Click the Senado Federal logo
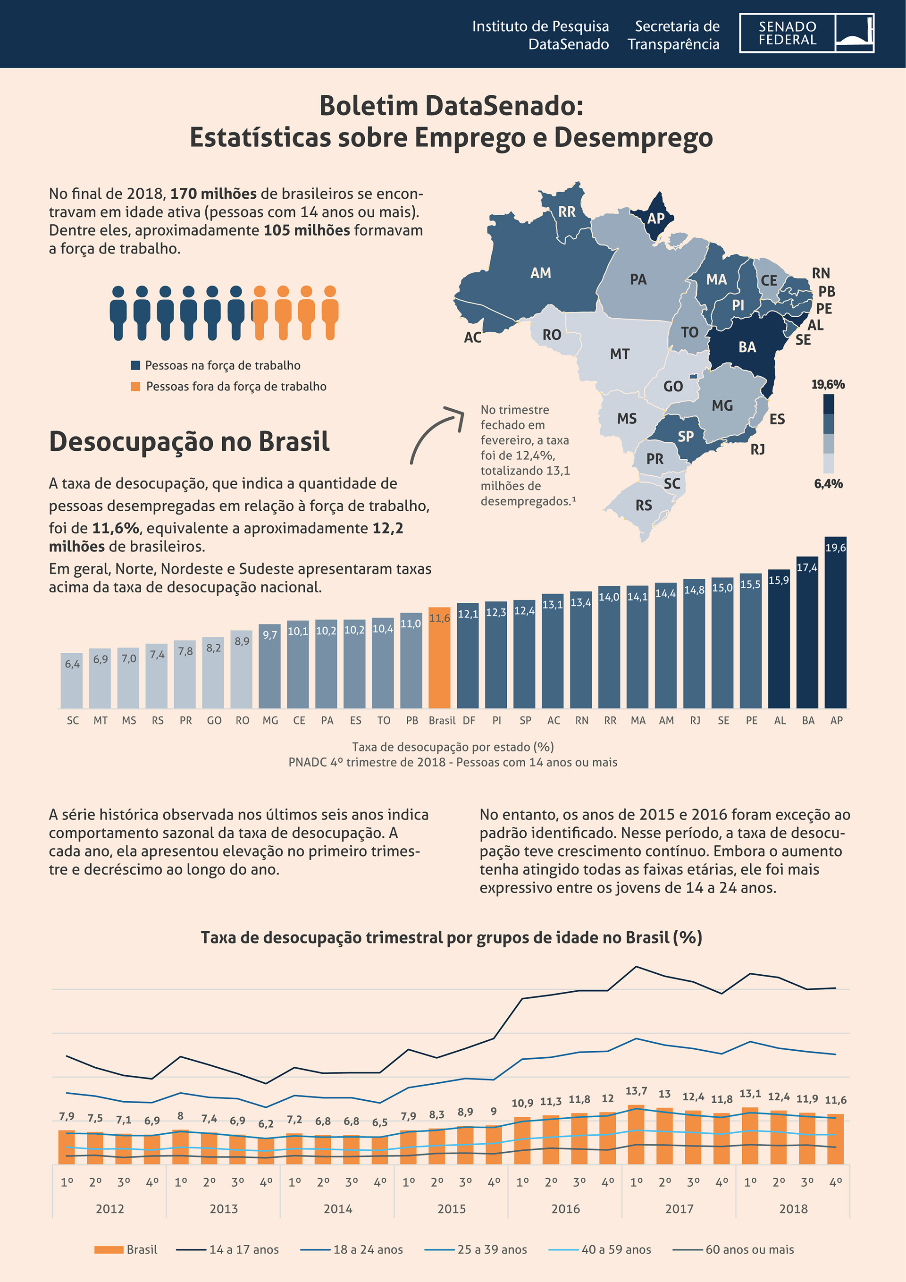806,33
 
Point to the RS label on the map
644,506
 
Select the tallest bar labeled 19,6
835,622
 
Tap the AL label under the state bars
780,720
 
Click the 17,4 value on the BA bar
806,567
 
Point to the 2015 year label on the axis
451,1209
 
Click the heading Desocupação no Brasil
189,441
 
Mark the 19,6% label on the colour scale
828,384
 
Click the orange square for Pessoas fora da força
135,387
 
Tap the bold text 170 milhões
213,194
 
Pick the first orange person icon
260,312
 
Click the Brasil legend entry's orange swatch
109,1249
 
